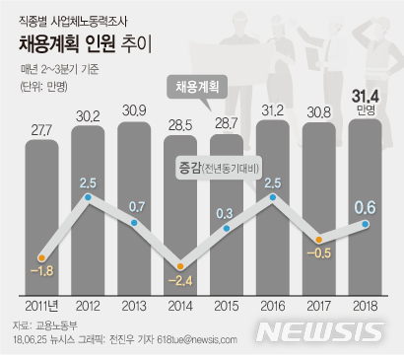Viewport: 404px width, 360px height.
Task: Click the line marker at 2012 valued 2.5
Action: [x=88, y=198]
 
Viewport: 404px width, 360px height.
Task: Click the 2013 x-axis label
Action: [x=133, y=305]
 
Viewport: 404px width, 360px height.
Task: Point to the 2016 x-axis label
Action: [x=272, y=305]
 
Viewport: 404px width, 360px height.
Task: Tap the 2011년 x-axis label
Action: [x=40, y=305]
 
